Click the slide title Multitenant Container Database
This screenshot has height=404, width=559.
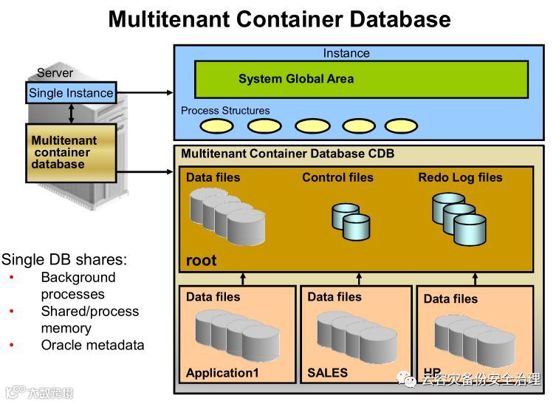(x=279, y=18)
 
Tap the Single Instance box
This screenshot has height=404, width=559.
(x=71, y=93)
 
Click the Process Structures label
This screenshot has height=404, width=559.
(x=225, y=111)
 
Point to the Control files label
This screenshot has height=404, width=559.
(x=337, y=177)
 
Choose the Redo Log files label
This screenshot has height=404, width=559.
(x=459, y=177)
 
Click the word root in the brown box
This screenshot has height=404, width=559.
(x=201, y=260)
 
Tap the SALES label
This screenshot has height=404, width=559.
(x=327, y=373)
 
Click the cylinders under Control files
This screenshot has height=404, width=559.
(x=350, y=220)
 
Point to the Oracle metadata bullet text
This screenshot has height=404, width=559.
(x=92, y=345)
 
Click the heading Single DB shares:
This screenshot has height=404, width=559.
(x=64, y=259)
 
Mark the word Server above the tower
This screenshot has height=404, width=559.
(x=55, y=73)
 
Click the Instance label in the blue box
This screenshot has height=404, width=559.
(x=346, y=53)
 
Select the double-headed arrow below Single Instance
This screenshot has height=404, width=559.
(x=71, y=113)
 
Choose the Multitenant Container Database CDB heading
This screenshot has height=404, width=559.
(x=287, y=154)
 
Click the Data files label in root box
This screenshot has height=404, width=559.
(x=213, y=177)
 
